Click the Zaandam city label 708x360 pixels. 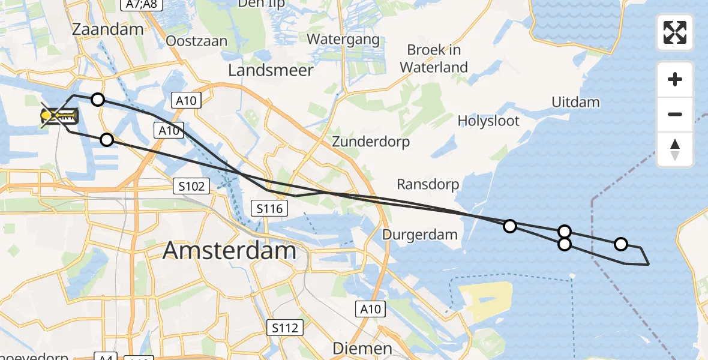107,29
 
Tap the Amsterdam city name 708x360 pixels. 229,250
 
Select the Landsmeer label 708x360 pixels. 271,70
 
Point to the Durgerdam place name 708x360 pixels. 420,235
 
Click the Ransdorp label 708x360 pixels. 428,184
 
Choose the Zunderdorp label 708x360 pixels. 371,142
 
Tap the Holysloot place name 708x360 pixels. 488,121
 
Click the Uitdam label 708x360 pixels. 575,102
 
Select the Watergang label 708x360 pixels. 343,40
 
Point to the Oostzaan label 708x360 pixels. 197,41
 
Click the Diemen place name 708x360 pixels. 362,349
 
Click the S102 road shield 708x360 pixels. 193,187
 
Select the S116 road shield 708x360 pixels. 269,208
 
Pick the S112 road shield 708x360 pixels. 285,328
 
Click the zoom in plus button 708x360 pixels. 675,79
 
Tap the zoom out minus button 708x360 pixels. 675,114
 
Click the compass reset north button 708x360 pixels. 675,149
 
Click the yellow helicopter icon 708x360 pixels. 59,116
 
